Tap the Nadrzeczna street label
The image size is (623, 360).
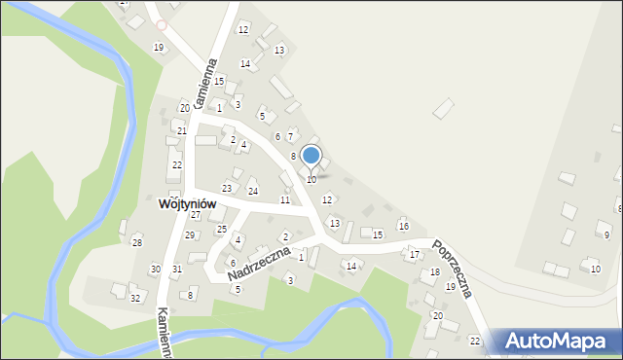pos(260,264)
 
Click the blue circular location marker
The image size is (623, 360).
pos(311,155)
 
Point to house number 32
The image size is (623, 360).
pos(135,298)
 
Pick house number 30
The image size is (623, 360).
pos(155,269)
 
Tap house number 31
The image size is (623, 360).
pos(177,269)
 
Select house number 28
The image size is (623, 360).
pos(137,242)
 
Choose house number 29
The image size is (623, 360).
pos(190,234)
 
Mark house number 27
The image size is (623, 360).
pos(195,214)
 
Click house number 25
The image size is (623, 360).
pos(222,229)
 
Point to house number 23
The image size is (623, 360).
pos(227,188)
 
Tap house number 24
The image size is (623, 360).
pos(252,191)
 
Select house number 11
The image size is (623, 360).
pos(285,199)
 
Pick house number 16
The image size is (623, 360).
pos(403,226)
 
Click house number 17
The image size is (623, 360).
pos(414,254)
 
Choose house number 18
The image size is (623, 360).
pos(435,272)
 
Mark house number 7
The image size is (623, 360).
pos(291,135)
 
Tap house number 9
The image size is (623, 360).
pos(606,234)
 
